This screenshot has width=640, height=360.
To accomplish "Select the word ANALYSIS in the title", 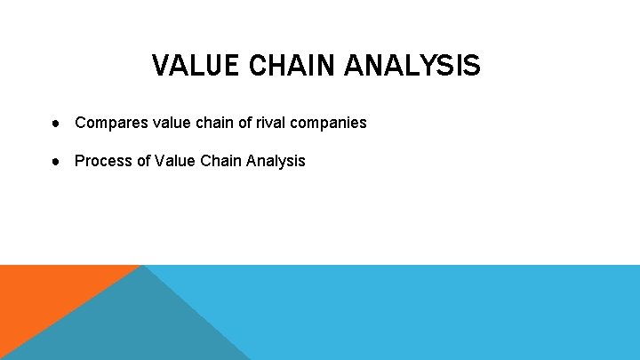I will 410,66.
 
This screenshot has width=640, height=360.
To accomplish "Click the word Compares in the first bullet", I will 105,123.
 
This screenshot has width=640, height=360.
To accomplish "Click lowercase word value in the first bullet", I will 158,123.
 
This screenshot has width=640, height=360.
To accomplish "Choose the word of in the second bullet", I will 140,161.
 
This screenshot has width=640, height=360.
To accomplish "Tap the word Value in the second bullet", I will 172,161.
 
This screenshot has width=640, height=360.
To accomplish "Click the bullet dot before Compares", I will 56,123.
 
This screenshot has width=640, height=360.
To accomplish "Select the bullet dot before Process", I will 56,161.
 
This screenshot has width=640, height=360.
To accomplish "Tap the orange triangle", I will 44,298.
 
